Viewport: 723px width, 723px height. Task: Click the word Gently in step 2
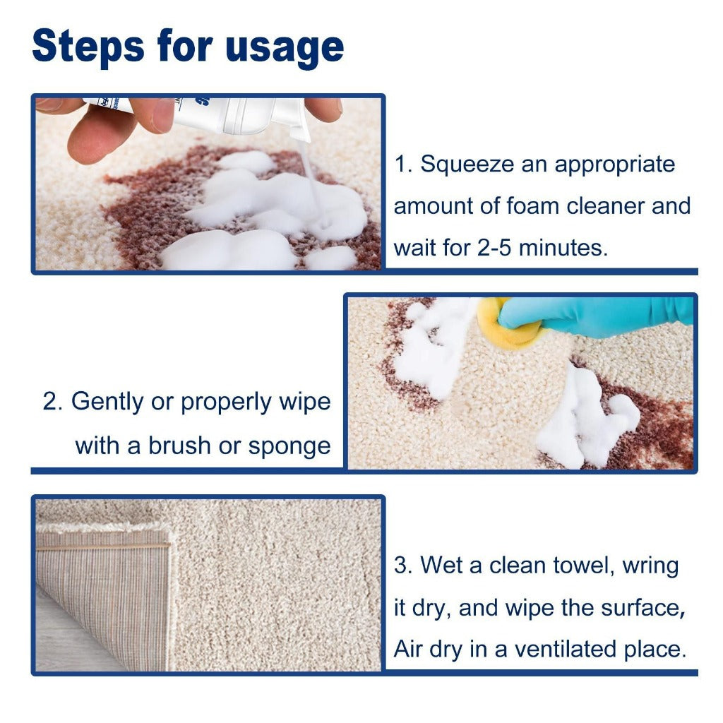click(x=113, y=402)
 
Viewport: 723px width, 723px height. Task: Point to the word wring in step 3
click(x=650, y=566)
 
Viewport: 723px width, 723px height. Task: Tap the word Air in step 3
click(x=408, y=650)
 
